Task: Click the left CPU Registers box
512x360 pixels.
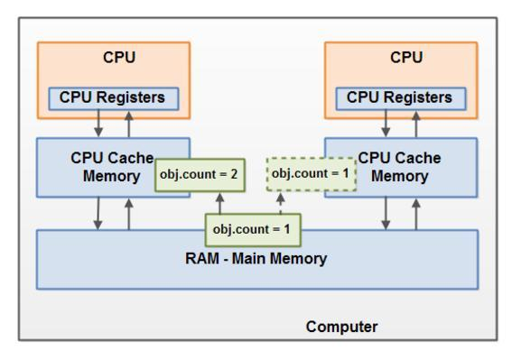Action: click(x=113, y=97)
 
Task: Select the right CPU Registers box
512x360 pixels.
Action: click(x=401, y=97)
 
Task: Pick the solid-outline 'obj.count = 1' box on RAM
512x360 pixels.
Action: click(x=251, y=229)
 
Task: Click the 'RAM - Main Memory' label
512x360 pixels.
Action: click(x=256, y=259)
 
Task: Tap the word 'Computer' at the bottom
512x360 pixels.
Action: click(x=342, y=326)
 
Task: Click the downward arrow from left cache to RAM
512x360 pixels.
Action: click(x=98, y=213)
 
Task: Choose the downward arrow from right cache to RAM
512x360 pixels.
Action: click(x=386, y=213)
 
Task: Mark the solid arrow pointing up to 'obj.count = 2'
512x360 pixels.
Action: click(x=220, y=202)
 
